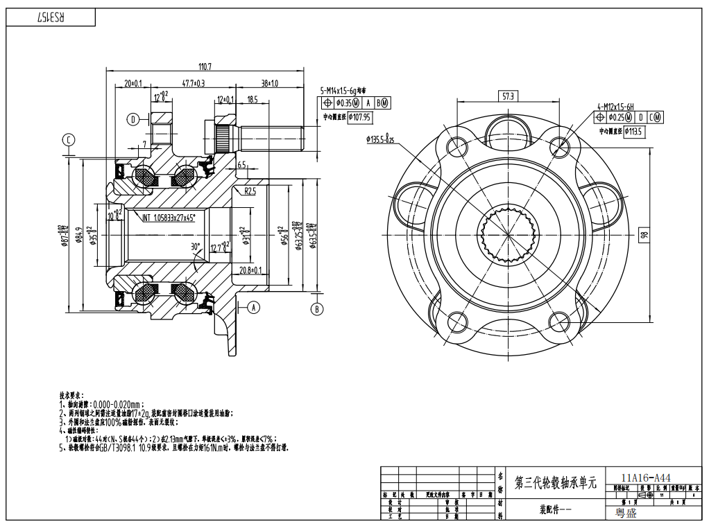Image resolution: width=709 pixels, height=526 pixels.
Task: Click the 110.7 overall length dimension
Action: [205, 67]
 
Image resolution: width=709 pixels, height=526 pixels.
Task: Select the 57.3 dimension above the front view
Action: [509, 97]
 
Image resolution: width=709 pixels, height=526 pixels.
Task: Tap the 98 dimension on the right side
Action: [644, 235]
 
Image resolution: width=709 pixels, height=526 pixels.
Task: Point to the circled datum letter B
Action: [317, 309]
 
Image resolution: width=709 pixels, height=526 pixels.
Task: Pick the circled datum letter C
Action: [69, 140]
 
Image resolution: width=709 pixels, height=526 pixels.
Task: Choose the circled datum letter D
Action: [133, 119]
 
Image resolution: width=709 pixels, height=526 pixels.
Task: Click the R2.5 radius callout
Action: [250, 191]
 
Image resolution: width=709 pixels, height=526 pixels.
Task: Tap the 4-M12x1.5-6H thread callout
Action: [615, 107]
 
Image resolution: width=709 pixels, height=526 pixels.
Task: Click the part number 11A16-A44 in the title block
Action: [646, 477]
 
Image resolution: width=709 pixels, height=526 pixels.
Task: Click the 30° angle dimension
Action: [196, 246]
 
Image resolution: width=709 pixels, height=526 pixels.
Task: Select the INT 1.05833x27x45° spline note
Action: [169, 217]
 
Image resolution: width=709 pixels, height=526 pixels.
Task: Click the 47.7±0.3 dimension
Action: [194, 83]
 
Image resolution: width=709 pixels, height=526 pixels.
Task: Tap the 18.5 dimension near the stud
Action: [252, 100]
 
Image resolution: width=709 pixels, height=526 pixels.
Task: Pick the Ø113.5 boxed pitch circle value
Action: [634, 130]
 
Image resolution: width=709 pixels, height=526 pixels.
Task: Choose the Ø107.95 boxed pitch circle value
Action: [359, 116]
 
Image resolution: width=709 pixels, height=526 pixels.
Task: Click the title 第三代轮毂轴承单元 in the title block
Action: [555, 483]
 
